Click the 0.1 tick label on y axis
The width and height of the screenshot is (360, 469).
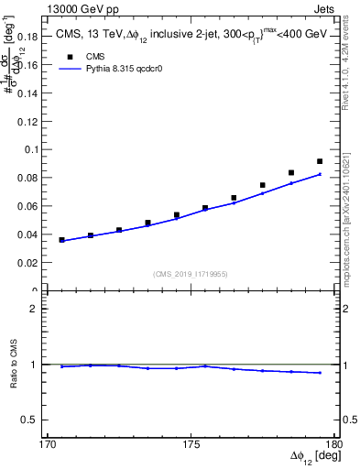click(x=32, y=148)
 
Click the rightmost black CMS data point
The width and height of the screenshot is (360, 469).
click(x=320, y=161)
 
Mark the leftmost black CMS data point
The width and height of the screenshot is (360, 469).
click(x=62, y=240)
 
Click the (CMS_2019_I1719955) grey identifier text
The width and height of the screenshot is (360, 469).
click(x=191, y=273)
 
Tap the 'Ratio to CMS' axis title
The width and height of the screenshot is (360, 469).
click(x=15, y=364)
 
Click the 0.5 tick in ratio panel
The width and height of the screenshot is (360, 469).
click(x=31, y=420)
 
